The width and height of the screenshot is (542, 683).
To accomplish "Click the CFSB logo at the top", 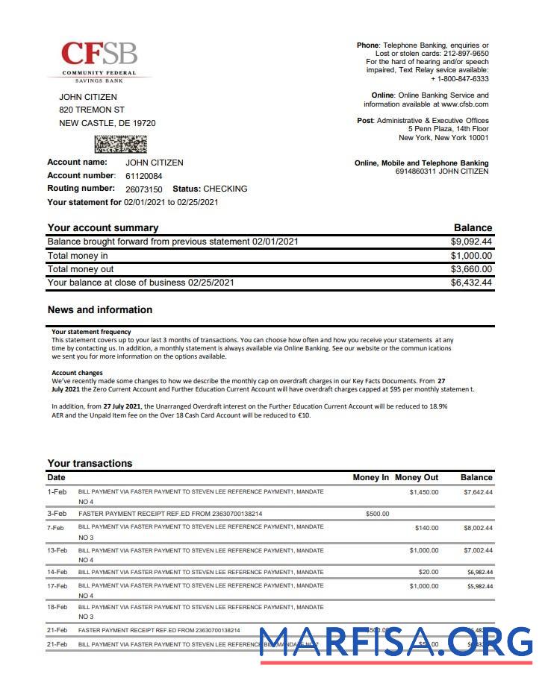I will (x=99, y=60).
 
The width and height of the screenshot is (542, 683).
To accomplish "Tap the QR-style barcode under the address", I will (x=120, y=144).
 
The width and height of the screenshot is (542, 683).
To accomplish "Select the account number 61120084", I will (x=143, y=176).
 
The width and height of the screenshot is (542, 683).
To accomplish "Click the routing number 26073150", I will (x=143, y=189).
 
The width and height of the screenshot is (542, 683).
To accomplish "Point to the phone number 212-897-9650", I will (x=464, y=54).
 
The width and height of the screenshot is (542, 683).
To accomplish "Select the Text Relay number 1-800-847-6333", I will (x=463, y=79).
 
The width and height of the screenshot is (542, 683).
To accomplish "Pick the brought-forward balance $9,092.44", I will (x=471, y=242).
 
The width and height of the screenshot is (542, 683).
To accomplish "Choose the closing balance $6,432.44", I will (x=471, y=283).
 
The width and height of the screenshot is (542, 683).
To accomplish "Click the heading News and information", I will (x=99, y=309).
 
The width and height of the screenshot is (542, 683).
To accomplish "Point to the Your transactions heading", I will (x=90, y=463).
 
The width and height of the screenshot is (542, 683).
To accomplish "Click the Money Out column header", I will (x=417, y=477).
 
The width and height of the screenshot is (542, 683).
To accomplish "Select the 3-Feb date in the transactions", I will (x=57, y=514).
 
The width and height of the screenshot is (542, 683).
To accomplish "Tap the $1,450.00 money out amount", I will (x=423, y=492).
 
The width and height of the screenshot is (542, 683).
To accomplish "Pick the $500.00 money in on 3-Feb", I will (x=377, y=514).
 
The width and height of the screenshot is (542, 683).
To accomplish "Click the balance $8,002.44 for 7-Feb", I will (x=478, y=528).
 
